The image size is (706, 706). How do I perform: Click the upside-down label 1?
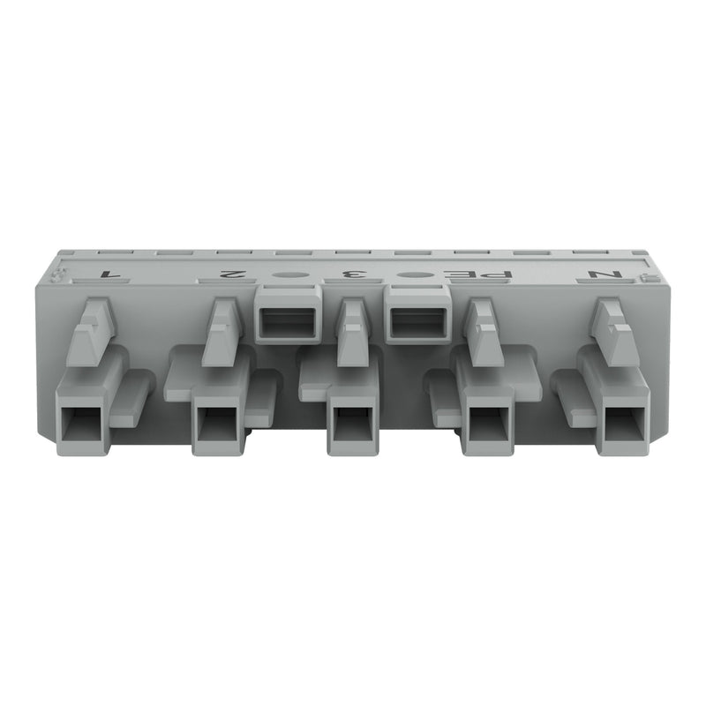pos(108,274)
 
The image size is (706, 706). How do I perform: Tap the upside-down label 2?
pos(232,274)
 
